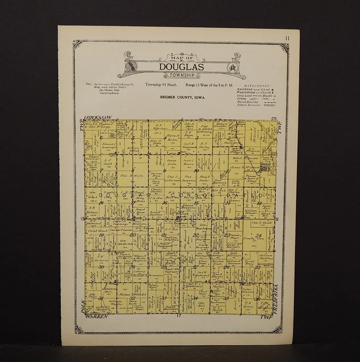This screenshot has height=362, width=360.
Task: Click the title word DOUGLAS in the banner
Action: click(182, 66)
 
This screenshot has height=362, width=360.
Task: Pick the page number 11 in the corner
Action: click(288, 38)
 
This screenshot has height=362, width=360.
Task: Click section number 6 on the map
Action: click(101, 137)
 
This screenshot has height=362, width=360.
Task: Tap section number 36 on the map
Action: click(258, 299)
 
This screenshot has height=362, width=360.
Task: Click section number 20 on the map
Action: click(132, 234)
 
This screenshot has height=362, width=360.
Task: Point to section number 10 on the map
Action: click(196, 170)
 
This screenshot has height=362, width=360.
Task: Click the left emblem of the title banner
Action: click(129, 63)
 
